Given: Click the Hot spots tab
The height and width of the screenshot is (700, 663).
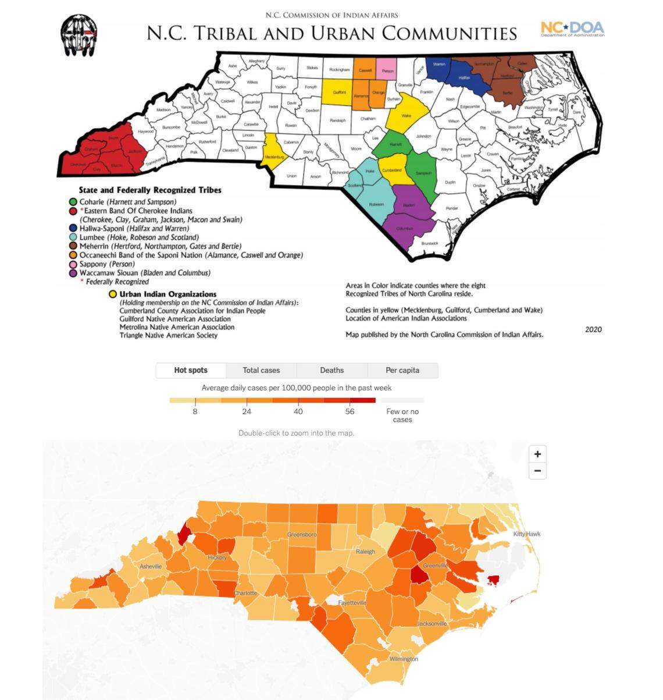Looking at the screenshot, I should (191, 370).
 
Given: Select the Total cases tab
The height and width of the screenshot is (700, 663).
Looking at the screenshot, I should (261, 370).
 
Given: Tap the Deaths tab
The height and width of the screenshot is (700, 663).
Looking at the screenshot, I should (331, 370).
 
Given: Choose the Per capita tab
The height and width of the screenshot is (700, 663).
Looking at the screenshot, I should (402, 370).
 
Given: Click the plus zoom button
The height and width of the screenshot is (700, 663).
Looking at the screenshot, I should (537, 454).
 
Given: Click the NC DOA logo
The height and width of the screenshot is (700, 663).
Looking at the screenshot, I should (572, 29).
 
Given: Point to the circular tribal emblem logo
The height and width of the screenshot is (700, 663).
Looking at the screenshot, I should (79, 35).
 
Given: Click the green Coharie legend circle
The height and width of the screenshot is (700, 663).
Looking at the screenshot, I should (73, 202).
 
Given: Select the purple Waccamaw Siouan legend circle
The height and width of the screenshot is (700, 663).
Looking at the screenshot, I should (73, 273).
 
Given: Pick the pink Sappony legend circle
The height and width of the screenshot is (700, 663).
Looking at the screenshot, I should (73, 264).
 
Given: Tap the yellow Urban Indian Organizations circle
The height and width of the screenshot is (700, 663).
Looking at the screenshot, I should (112, 294).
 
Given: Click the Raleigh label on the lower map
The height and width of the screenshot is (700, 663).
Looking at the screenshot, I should (365, 551).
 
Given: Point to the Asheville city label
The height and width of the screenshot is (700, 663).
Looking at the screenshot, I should (151, 566).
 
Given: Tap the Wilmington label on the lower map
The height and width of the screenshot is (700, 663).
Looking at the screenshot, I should (403, 659).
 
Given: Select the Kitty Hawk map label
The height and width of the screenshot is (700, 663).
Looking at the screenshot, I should (526, 534).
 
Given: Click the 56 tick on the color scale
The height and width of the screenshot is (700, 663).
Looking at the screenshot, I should (350, 411).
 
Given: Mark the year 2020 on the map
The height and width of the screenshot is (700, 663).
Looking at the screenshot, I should (593, 329).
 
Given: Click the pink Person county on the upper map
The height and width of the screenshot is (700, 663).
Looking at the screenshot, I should (387, 70).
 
